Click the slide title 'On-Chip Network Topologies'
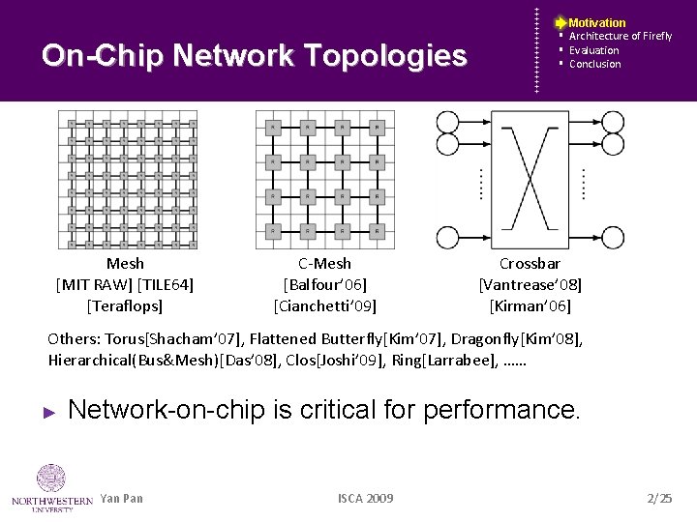[x=254, y=56]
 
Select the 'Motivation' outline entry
[x=596, y=22]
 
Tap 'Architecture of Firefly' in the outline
[x=620, y=36]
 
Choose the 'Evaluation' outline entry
[x=593, y=50]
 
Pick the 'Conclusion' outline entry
[x=594, y=64]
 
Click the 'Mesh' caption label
[x=125, y=263]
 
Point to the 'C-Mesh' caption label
[x=324, y=263]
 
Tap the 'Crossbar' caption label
[x=530, y=263]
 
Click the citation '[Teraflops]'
[x=125, y=305]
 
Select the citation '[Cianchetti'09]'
[x=324, y=305]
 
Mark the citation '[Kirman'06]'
[x=530, y=305]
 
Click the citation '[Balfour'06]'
[x=324, y=284]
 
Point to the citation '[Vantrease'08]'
[x=530, y=284]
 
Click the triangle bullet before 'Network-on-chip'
[x=51, y=412]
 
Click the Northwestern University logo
[x=50, y=488]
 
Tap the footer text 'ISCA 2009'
[x=365, y=498]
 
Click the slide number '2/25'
[x=658, y=498]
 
